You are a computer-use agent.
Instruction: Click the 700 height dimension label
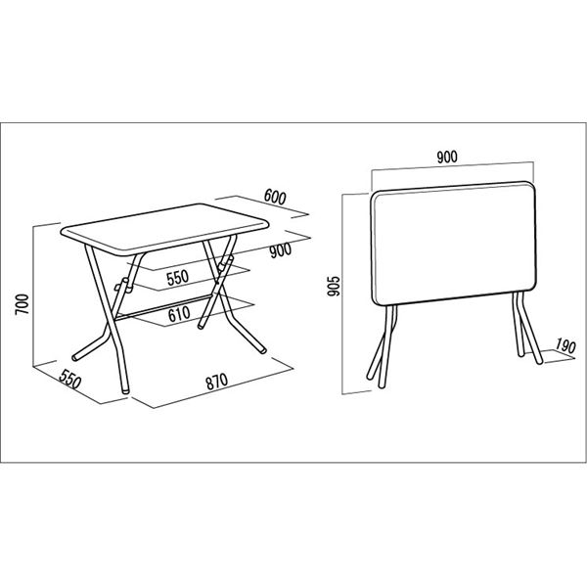(23, 304)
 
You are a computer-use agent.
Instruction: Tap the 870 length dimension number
(217, 382)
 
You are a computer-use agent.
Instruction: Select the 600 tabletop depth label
(275, 197)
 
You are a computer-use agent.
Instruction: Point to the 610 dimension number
(179, 314)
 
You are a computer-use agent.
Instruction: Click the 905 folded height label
(334, 286)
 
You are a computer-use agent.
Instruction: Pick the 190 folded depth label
(565, 346)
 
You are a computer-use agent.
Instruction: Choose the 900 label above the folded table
(447, 157)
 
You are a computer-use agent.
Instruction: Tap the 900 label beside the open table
(281, 250)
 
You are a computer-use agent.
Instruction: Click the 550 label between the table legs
(178, 278)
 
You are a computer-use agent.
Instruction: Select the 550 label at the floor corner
(70, 379)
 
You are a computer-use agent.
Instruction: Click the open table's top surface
(164, 228)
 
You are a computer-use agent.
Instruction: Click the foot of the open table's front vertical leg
(124, 389)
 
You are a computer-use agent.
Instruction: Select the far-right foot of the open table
(263, 351)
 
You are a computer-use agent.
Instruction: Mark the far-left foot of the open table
(76, 357)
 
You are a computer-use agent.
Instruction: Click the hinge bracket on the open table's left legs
(122, 286)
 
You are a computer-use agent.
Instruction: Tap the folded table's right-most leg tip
(539, 362)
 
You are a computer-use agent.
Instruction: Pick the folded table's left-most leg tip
(370, 377)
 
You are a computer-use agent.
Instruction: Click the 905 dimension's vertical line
(342, 293)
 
